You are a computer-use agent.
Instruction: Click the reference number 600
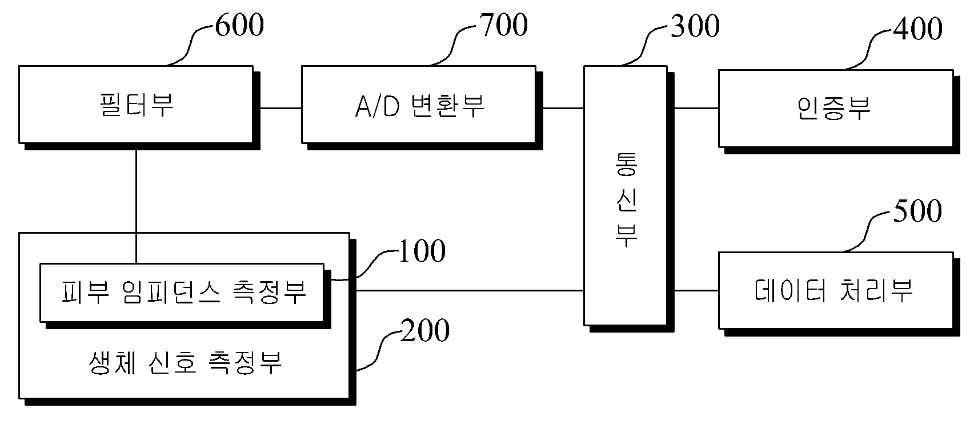[x=239, y=25]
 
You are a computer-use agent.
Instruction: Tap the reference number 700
[x=503, y=25]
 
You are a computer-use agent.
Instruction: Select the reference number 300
[x=695, y=26]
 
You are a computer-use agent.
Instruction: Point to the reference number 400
[x=918, y=29]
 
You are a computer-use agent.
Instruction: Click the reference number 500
[x=917, y=211]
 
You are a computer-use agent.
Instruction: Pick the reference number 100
[x=422, y=251]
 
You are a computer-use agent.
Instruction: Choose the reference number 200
[x=424, y=330]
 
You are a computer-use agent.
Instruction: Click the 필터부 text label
[x=137, y=105]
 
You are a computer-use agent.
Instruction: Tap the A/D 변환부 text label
[x=420, y=106]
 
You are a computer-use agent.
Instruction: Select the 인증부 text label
[x=833, y=108]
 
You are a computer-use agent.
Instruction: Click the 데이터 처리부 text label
[x=833, y=290]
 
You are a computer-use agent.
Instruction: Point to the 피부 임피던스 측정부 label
[x=184, y=292]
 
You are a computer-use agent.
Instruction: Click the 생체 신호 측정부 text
[x=185, y=362]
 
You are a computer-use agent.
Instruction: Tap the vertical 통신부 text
[x=626, y=200]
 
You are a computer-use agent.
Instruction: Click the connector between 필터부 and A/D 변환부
[x=281, y=108]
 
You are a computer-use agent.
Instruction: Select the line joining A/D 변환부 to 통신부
[x=563, y=108]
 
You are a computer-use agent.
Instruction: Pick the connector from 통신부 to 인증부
[x=696, y=108]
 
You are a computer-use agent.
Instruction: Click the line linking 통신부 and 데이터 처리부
[x=696, y=290]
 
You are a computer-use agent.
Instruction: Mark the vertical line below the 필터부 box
[x=136, y=206]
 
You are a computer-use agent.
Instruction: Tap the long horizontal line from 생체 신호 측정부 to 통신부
[x=470, y=290]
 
